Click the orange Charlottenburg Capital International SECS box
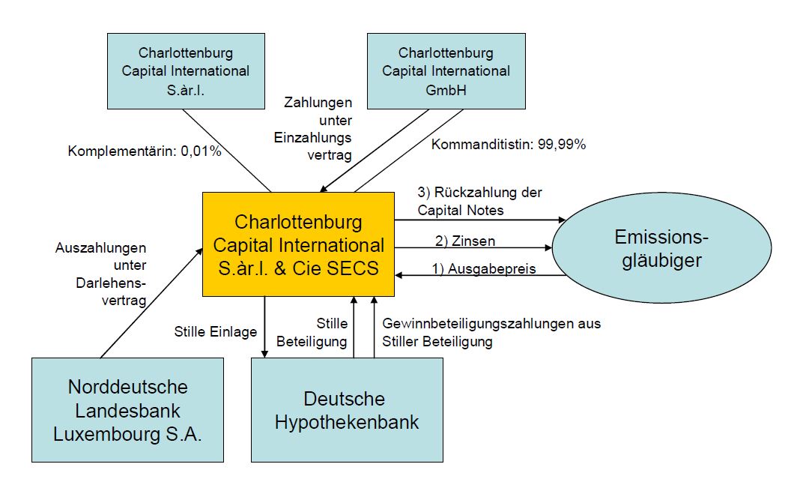(298, 244)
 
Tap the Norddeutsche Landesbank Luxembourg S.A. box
(127, 409)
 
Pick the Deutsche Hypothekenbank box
(346, 409)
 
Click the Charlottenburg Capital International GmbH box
(446, 71)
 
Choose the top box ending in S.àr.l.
(186, 71)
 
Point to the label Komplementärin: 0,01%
(145, 151)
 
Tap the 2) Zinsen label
(464, 241)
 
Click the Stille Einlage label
(215, 331)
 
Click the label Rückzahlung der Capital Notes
(479, 202)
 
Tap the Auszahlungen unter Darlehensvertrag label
(100, 274)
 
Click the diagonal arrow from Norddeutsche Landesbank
(150, 304)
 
